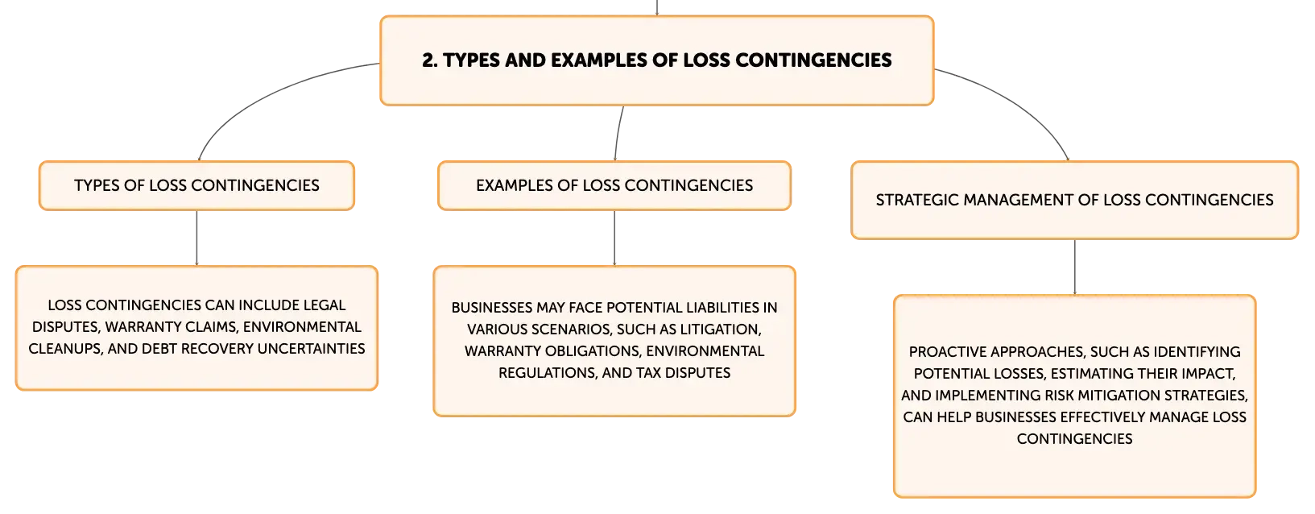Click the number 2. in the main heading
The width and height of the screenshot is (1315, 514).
[x=430, y=60]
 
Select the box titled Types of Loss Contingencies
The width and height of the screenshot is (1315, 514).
[x=196, y=185]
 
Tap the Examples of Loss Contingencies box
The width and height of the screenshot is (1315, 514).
[x=614, y=185]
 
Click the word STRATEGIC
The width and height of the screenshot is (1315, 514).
[x=917, y=201]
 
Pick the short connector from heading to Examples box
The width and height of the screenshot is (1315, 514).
[x=618, y=134]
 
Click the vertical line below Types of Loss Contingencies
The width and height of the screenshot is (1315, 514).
[x=196, y=238]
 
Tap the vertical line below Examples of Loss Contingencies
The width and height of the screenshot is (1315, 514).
[x=614, y=238]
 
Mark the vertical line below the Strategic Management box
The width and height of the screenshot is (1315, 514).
[x=1075, y=267]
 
